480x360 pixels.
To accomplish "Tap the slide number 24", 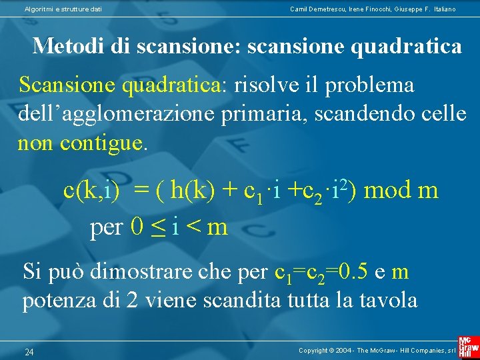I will (x=29, y=351).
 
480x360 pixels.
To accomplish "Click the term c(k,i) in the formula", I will (x=91, y=191).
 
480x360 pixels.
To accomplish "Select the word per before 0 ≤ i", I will (x=107, y=228).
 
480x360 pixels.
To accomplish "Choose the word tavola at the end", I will (x=388, y=301).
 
